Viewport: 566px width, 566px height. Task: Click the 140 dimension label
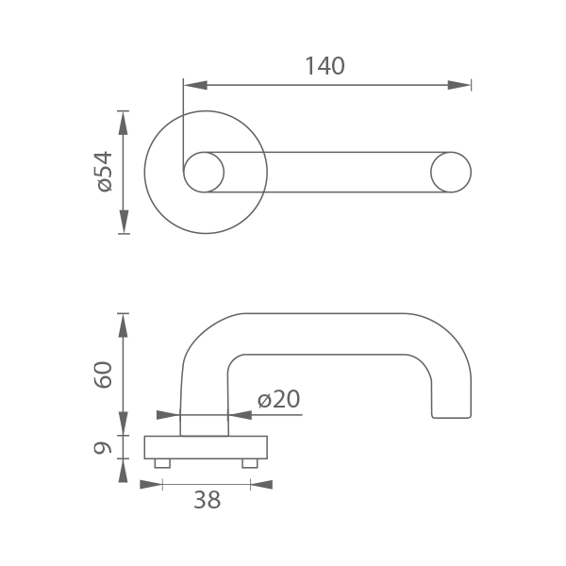(x=325, y=66)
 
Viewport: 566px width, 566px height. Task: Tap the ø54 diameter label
(x=105, y=172)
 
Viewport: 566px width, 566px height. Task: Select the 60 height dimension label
(x=103, y=375)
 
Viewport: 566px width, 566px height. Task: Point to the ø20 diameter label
(x=278, y=399)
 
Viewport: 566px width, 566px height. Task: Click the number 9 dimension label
(x=103, y=447)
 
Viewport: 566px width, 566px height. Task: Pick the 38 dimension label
(x=207, y=500)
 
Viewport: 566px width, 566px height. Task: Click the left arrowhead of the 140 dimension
(x=195, y=85)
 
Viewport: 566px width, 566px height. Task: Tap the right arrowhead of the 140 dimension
(x=459, y=85)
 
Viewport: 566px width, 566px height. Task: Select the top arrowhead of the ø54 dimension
(x=124, y=123)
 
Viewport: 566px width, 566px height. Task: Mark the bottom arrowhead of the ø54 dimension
(x=124, y=222)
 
